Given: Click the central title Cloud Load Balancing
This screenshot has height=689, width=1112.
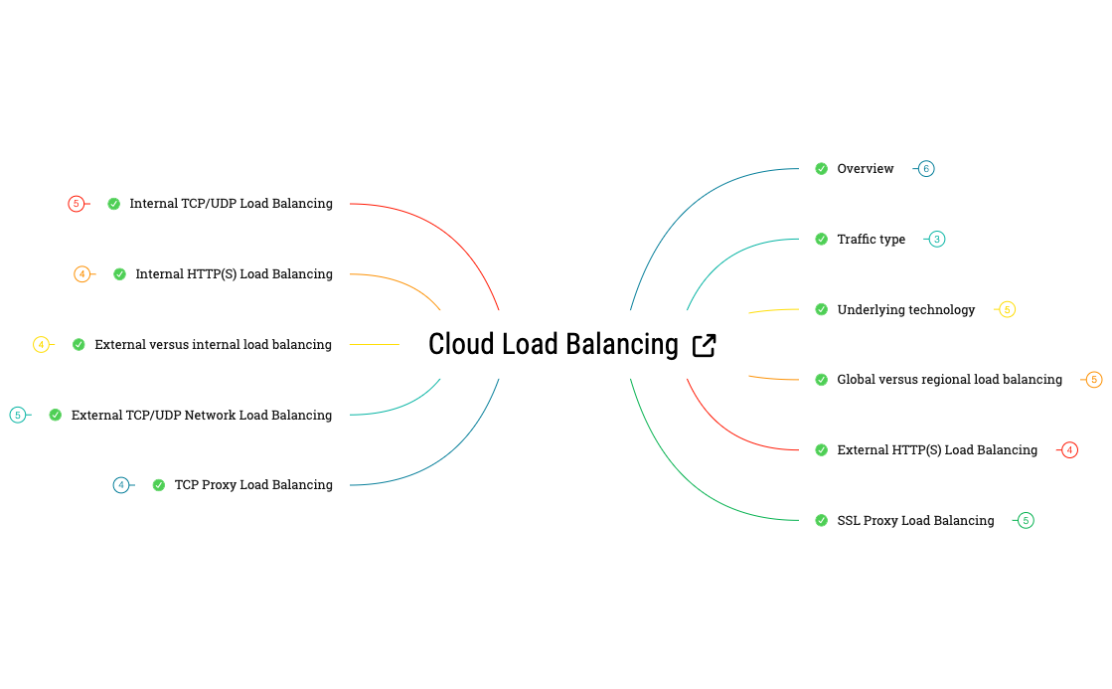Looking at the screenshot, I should point(553,345).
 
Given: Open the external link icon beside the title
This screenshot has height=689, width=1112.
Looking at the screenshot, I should point(704,345).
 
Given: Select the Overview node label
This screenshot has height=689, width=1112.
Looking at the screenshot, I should point(865,169).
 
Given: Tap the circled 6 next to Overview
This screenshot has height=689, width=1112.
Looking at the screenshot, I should point(926,169).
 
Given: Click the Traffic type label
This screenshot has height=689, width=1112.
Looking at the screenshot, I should point(871,240).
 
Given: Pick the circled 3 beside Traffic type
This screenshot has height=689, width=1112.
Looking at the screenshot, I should point(937,240).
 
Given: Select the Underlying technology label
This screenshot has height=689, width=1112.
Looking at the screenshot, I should point(905,310).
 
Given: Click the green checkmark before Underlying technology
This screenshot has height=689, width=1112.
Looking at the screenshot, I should point(821,310).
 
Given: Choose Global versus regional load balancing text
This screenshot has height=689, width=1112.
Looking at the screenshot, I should point(949,380).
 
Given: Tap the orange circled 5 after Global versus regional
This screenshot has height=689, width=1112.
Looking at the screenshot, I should point(1094,380).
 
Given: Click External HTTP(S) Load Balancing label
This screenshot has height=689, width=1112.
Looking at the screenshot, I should point(936,450).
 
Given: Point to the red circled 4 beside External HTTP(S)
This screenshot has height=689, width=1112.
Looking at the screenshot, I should point(1069,450).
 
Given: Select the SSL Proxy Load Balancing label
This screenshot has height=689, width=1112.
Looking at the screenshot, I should point(915,521).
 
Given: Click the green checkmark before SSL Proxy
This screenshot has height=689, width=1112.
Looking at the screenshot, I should point(821,521).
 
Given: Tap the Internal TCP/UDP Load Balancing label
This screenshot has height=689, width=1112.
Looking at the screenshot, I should point(231,204).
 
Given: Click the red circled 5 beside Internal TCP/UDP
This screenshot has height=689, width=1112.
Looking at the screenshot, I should point(77,204).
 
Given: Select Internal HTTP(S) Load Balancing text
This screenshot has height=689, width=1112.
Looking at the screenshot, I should point(234,274).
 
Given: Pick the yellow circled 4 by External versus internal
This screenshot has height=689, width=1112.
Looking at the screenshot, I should point(41,345).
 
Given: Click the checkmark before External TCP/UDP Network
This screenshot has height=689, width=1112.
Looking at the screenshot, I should point(56,416).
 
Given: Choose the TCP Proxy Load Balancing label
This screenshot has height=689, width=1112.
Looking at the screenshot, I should point(253,485).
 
